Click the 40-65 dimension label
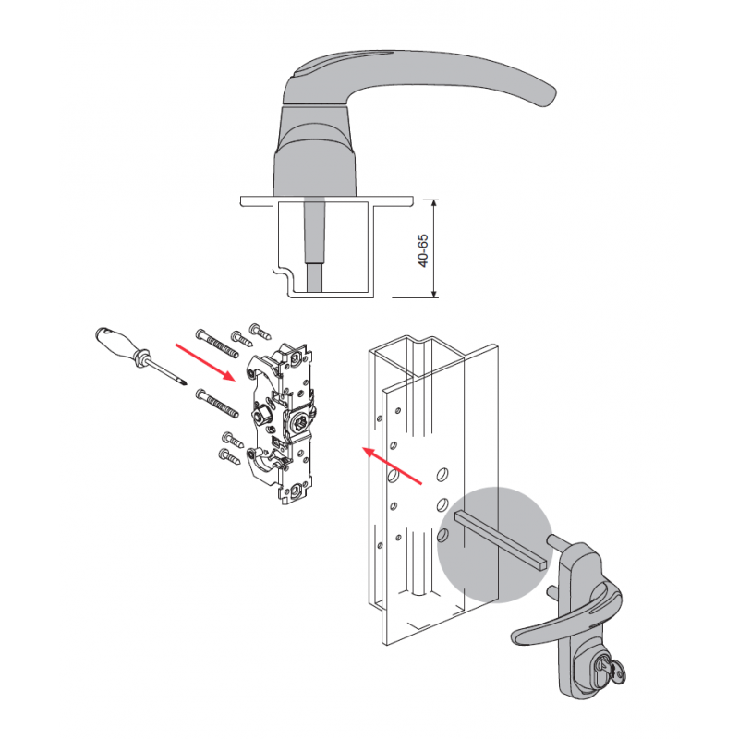(424, 250)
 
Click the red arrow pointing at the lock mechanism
(205, 362)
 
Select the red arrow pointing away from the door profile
(391, 466)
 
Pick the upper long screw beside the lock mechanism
(218, 345)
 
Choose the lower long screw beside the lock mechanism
(218, 403)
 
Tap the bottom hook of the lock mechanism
(260, 465)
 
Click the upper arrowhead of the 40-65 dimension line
(434, 204)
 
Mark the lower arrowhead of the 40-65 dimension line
(434, 292)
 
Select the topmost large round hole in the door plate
(442, 475)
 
